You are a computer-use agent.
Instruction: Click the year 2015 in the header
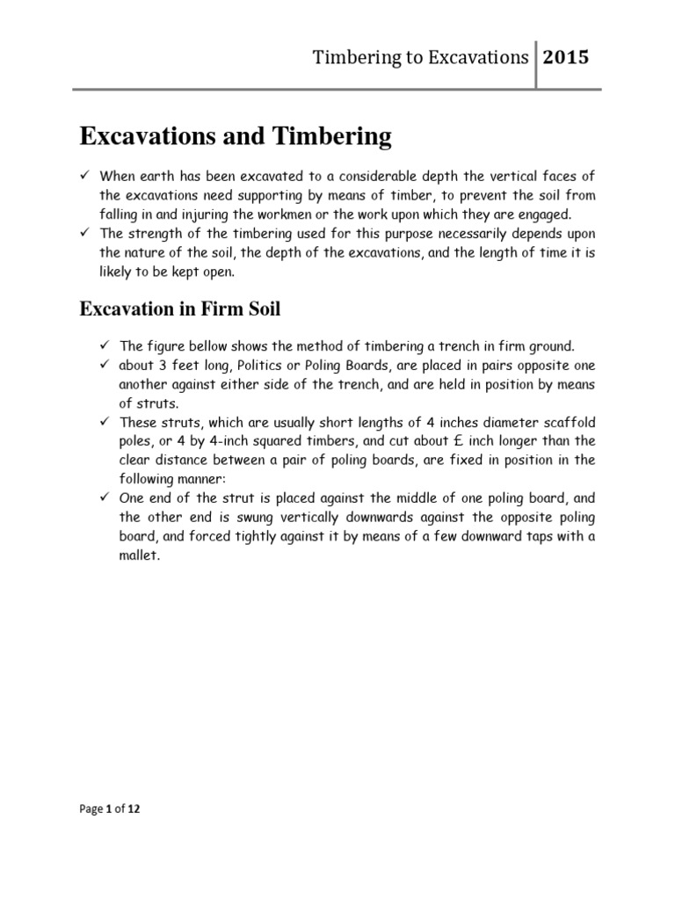click(567, 58)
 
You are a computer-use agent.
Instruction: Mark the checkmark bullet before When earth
click(86, 175)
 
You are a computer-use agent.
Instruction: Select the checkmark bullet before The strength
click(86, 234)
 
